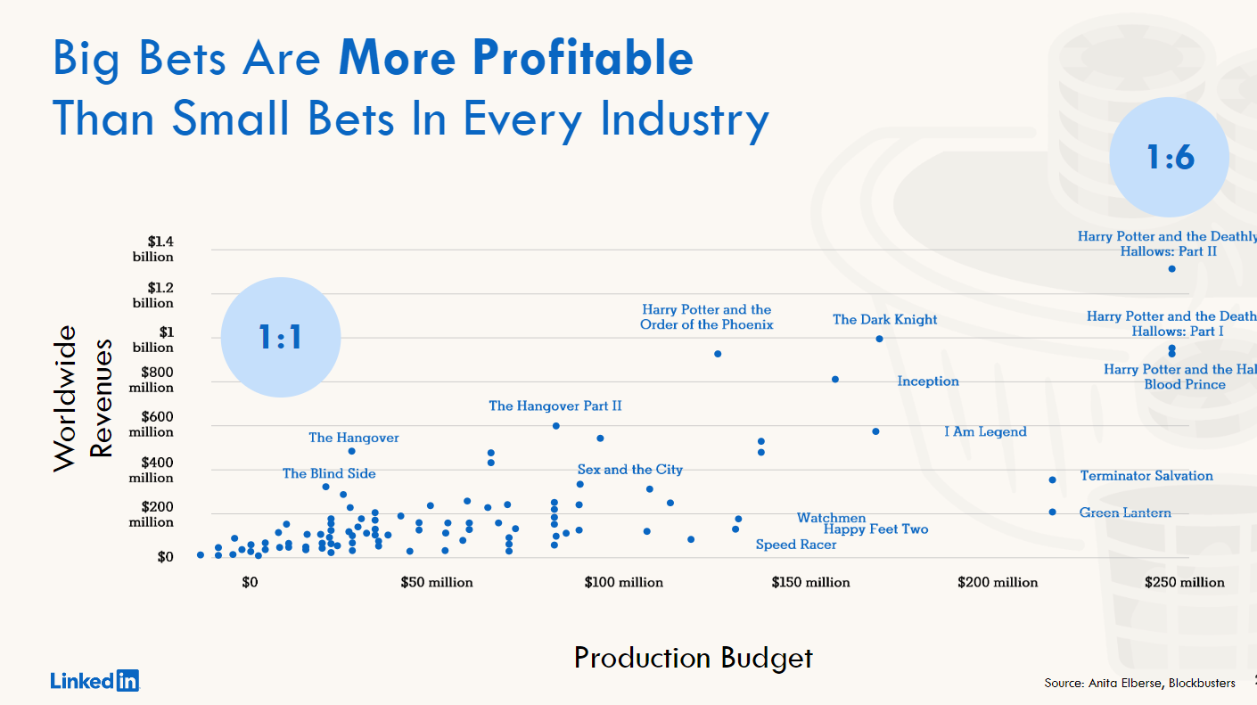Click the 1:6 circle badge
click(1169, 158)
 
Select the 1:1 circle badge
click(281, 337)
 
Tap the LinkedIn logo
click(95, 681)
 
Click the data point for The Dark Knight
click(879, 339)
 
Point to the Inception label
click(928, 381)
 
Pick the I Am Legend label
click(985, 432)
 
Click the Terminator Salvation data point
click(1052, 480)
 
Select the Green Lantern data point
click(1052, 512)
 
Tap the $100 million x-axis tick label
click(624, 583)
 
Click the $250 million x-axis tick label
click(1185, 583)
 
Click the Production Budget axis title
click(694, 658)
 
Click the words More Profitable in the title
click(515, 58)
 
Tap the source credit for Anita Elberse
click(1139, 683)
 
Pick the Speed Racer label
click(796, 545)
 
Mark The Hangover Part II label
click(555, 406)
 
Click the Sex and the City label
click(629, 470)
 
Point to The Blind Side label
click(329, 474)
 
